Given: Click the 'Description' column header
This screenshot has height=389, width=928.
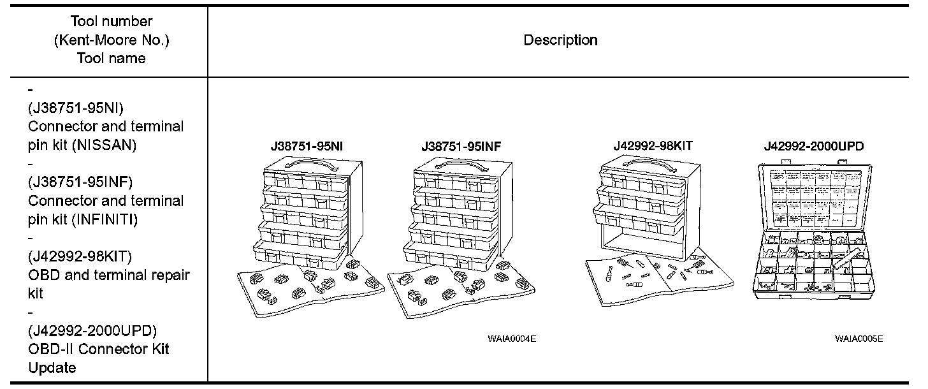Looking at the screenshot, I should pos(560,40).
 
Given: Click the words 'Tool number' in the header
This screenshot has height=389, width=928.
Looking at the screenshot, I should pos(112,22).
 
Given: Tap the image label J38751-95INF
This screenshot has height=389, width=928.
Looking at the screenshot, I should pos(461,146).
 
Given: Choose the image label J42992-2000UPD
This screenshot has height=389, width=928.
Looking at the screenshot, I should pos(814,146).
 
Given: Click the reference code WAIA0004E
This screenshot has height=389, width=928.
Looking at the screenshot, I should pos(512,339).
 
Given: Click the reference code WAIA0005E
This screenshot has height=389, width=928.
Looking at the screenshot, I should pos(859,339).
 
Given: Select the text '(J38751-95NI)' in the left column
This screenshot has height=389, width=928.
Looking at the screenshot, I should pos(70,108).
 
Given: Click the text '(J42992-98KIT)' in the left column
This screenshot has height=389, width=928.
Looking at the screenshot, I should pos(80,257).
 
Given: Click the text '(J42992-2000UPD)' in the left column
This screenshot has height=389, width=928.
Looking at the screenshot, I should pos(92,331).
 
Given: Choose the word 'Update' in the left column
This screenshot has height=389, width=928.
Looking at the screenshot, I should pos(52,368).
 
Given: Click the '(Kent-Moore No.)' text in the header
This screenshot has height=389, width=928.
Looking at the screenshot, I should pos(112,40).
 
